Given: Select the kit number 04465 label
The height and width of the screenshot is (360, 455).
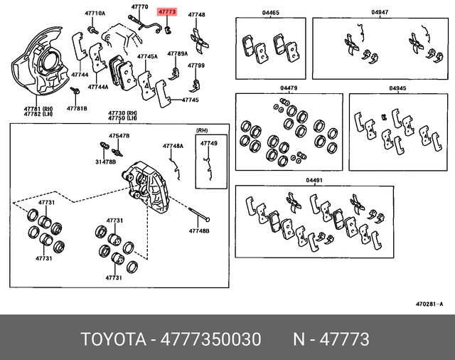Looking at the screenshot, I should [270, 13].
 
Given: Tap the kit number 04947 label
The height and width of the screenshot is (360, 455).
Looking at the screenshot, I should [380, 13].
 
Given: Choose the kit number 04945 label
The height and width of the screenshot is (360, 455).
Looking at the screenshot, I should [397, 88].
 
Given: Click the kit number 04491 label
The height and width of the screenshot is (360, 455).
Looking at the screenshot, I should [314, 181].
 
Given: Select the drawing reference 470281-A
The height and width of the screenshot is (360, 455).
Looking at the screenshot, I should [429, 304].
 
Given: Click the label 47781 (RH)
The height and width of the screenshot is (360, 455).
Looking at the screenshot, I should [38, 107].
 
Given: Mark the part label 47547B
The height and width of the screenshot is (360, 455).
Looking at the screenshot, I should [119, 135].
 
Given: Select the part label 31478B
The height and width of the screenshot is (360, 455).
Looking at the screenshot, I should [105, 162].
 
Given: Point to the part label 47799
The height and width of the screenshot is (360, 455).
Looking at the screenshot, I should [196, 65].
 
